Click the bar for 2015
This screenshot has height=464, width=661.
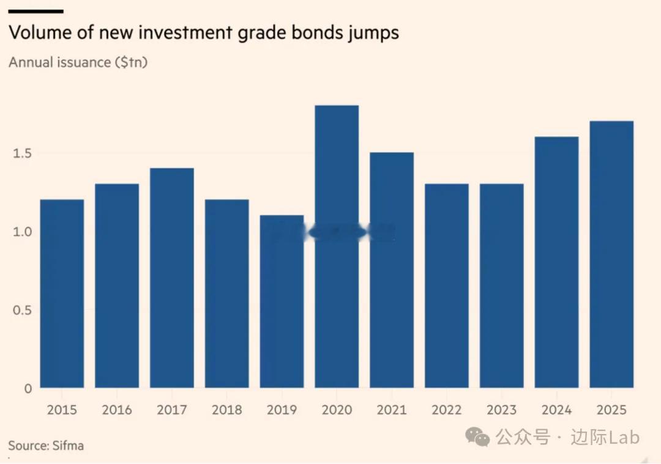coord(62,293)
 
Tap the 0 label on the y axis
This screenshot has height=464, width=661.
coord(28,388)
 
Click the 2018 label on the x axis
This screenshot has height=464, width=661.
coord(227,410)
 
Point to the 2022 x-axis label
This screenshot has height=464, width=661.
coord(447,410)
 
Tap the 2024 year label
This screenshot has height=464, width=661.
coord(556,410)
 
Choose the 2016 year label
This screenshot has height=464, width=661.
coord(117,410)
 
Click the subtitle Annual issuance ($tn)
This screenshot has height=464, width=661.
coord(78,62)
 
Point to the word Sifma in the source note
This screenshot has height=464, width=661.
coord(67,446)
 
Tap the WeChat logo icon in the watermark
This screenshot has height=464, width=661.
coord(477,436)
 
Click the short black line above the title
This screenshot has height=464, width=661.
coord(36,11)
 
